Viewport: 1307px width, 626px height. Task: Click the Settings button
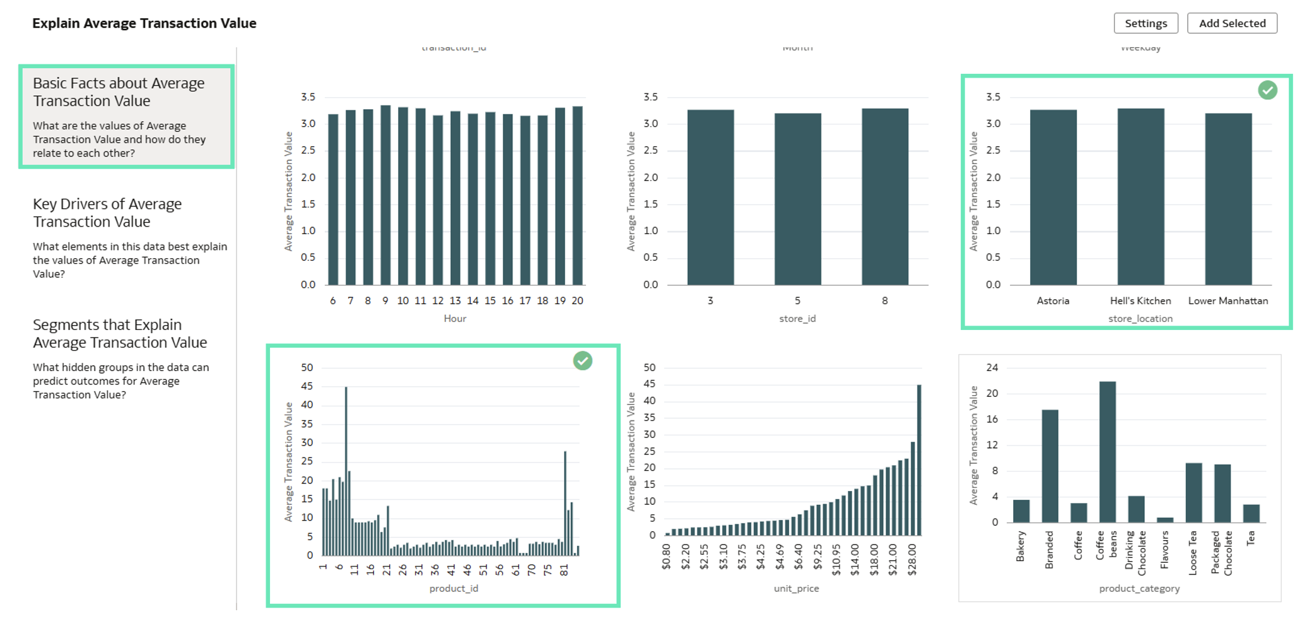coord(1146,23)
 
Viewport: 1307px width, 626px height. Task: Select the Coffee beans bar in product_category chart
coord(1107,451)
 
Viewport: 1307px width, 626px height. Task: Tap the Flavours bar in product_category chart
coord(1164,519)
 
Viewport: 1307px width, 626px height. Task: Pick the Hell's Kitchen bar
coord(1140,196)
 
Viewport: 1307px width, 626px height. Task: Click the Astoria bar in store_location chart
coord(1053,197)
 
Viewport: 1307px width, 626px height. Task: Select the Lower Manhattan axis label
coord(1228,301)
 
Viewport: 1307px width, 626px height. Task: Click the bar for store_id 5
coord(797,199)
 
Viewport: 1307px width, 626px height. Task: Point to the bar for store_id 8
coord(885,196)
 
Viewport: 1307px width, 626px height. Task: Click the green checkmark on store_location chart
coord(1267,90)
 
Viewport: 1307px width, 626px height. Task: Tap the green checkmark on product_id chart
coord(582,361)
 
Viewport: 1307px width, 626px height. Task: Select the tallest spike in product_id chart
coord(346,470)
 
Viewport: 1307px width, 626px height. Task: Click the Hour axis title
coord(455,319)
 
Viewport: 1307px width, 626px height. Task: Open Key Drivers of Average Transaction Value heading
coord(107,213)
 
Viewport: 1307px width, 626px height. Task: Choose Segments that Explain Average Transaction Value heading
coord(120,333)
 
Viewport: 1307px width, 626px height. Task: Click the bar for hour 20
coord(577,196)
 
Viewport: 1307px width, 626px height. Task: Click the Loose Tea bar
coord(1193,492)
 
